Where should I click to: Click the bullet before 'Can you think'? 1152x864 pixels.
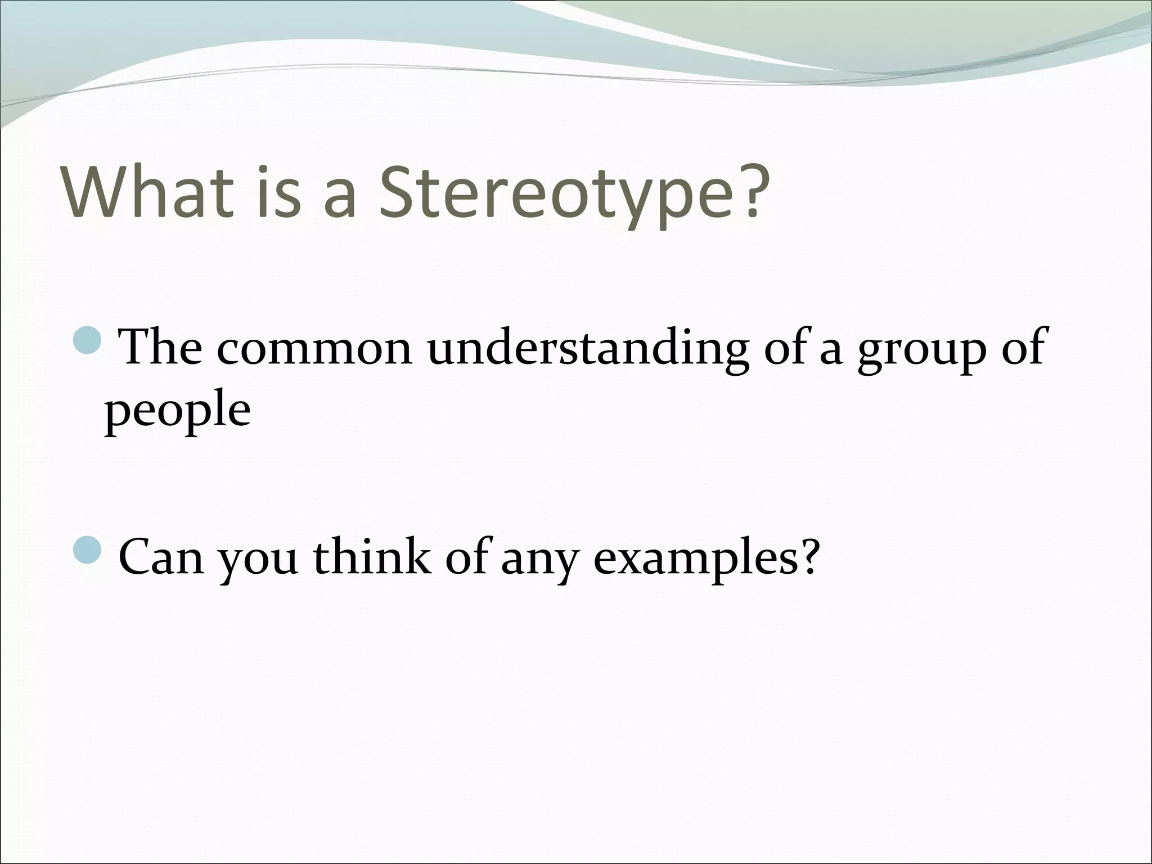pyautogui.click(x=88, y=552)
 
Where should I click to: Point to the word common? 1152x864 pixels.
pyautogui.click(x=315, y=349)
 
